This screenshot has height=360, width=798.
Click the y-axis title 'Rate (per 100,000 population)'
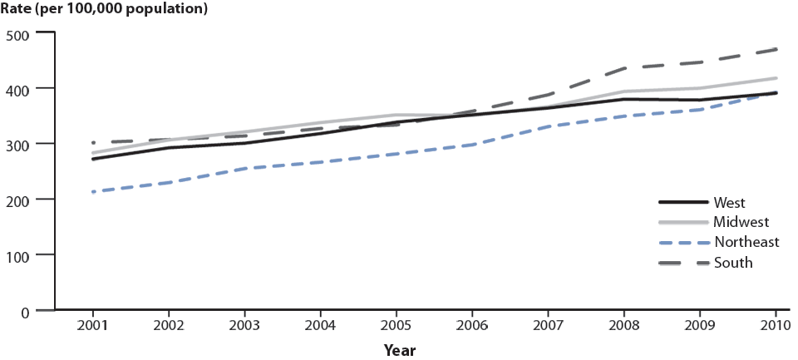(x=105, y=10)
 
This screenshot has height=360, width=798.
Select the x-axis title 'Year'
(x=399, y=350)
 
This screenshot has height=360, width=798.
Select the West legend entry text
(x=728, y=202)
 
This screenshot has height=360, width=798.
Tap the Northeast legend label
(x=746, y=242)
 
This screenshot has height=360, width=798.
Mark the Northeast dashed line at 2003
(x=244, y=168)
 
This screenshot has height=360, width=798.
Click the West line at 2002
(x=169, y=147)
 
